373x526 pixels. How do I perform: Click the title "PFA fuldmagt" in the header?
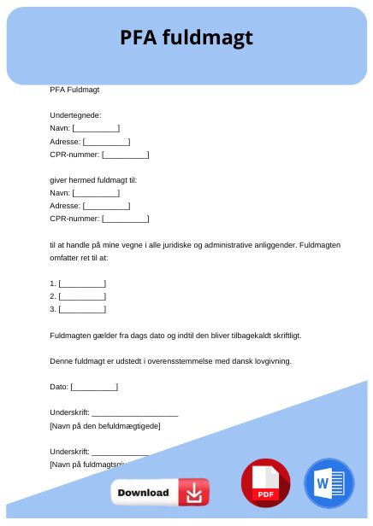[186, 38]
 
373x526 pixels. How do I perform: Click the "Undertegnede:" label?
[76, 114]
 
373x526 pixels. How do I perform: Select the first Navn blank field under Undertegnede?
[96, 128]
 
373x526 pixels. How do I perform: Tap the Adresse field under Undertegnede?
[106, 142]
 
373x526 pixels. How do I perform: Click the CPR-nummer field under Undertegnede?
[125, 155]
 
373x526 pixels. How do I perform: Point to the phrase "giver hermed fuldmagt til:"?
[93, 180]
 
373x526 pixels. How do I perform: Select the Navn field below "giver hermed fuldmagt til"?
[96, 193]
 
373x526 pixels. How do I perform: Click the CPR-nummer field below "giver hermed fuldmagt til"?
[125, 219]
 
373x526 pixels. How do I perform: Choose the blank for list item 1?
[82, 283]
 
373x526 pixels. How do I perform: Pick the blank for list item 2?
[82, 295]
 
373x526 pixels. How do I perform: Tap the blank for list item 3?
[82, 308]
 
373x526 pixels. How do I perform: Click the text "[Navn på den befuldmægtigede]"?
[105, 425]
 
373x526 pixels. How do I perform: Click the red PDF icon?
[266, 483]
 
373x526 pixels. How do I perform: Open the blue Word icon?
[329, 483]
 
